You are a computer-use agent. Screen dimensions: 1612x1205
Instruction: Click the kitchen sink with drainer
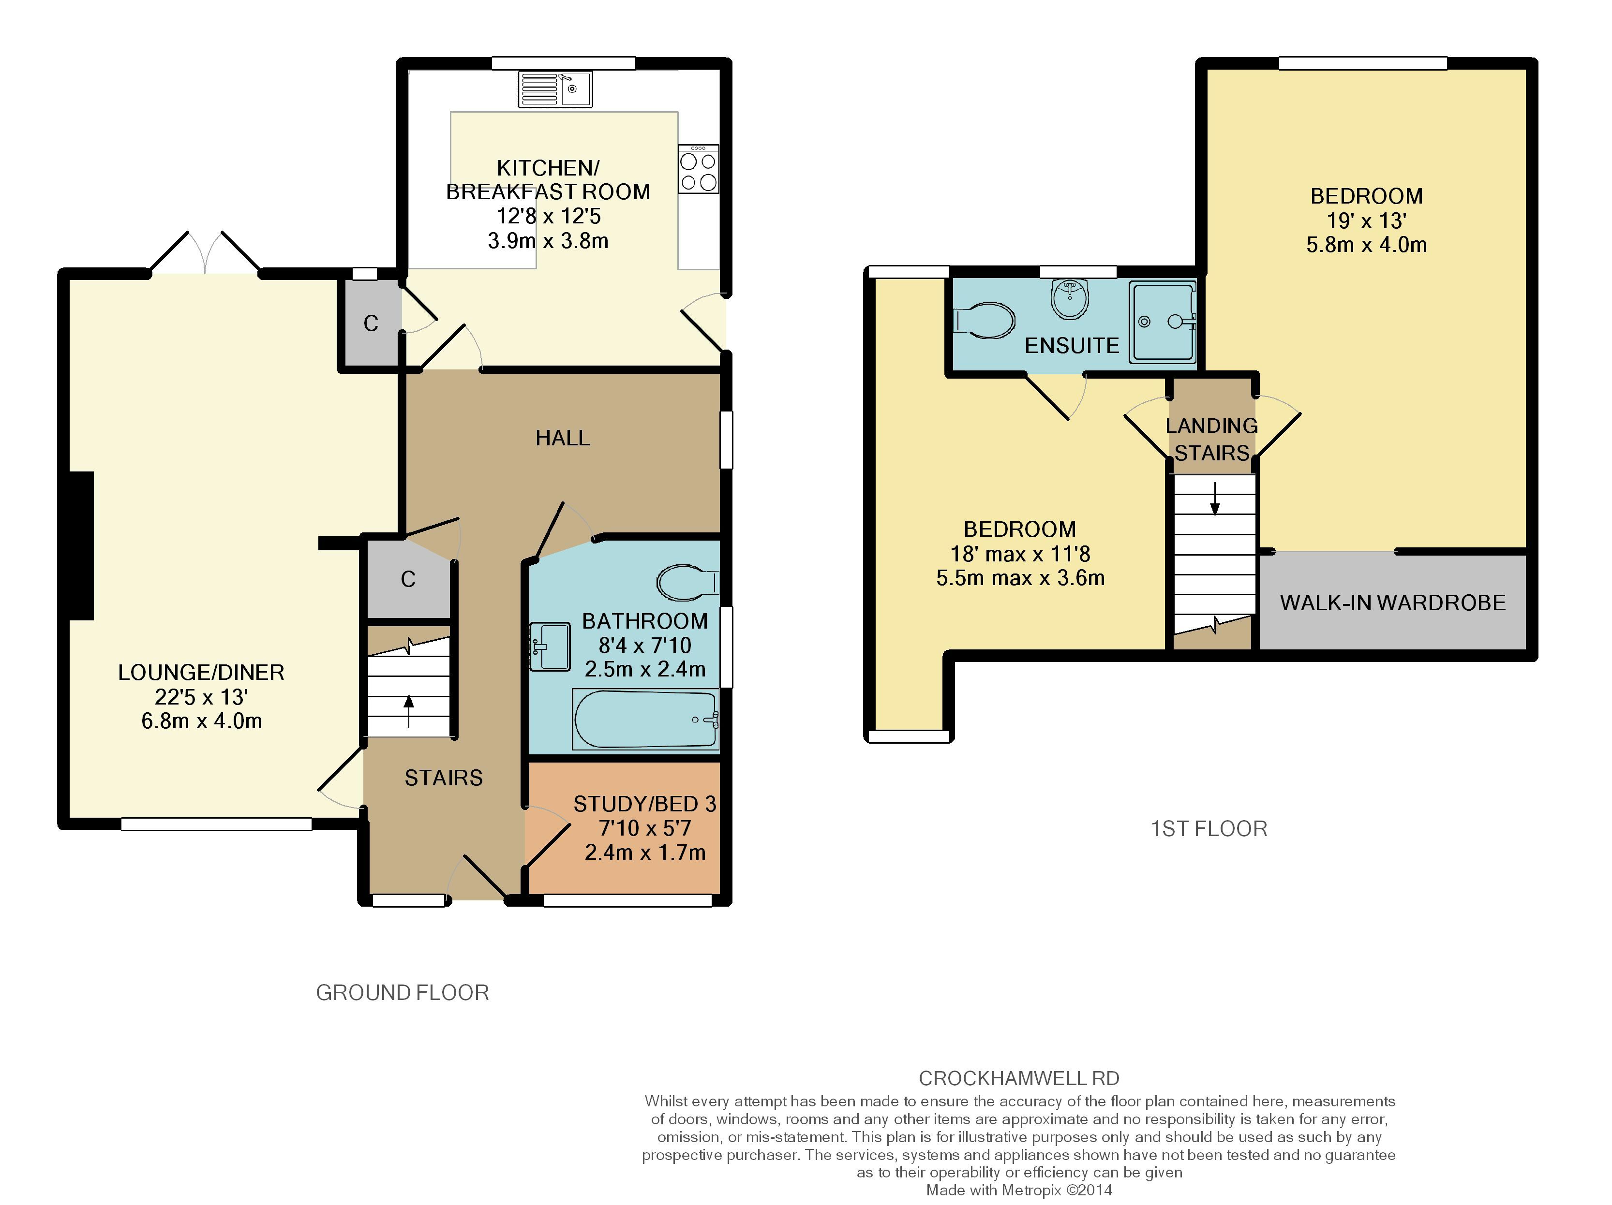click(555, 89)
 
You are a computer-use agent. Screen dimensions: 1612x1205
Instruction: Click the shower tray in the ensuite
click(1163, 322)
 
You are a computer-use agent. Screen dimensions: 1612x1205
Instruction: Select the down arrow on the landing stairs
click(1215, 499)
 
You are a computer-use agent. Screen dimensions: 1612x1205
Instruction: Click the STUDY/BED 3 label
click(645, 804)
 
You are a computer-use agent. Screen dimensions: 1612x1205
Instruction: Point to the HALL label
click(563, 438)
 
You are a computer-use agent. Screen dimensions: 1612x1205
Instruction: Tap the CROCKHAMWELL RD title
click(1019, 1078)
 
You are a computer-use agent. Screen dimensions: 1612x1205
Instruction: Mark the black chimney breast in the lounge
click(82, 545)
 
